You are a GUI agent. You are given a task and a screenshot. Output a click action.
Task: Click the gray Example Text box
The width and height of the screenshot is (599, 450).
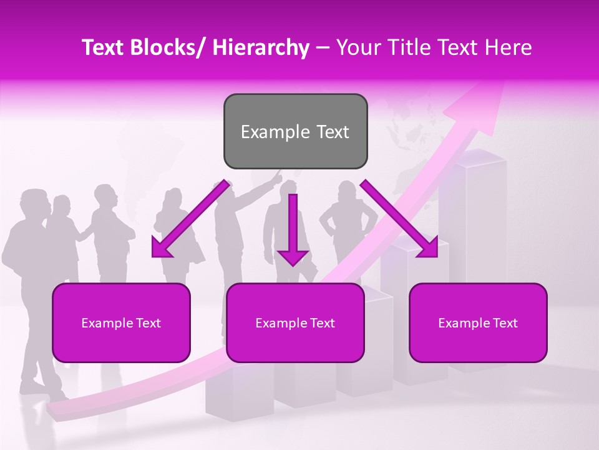coord(295,131)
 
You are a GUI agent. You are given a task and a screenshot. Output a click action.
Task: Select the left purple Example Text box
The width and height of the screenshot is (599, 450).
coord(121,322)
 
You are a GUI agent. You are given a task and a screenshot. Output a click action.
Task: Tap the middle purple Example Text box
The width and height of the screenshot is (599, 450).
coord(295,322)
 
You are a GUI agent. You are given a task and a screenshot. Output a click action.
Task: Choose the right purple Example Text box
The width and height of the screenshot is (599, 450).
coord(478,322)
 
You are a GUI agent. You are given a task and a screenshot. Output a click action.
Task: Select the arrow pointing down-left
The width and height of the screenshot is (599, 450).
coord(190,220)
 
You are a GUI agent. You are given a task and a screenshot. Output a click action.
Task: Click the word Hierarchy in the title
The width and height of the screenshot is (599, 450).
coord(261,47)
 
